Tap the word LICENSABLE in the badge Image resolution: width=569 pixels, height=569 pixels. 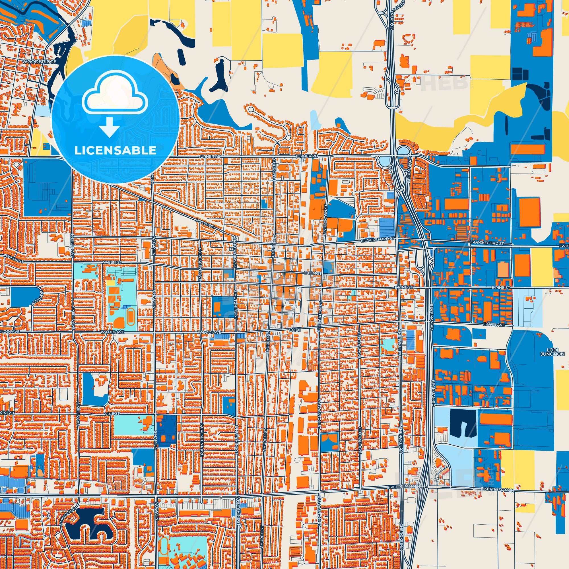coord(115,151)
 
